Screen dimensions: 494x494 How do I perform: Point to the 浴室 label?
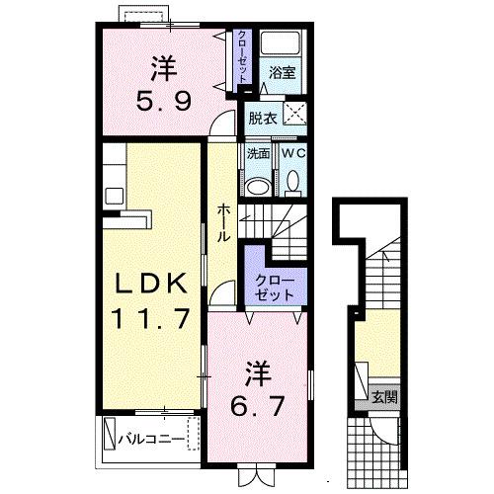[284, 71]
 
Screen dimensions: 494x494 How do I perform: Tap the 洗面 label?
[259, 154]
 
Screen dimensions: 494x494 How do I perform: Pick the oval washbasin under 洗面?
[259, 185]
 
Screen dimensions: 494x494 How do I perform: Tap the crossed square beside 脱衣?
[293, 113]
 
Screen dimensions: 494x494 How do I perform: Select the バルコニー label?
[152, 436]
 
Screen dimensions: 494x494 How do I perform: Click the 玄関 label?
[384, 398]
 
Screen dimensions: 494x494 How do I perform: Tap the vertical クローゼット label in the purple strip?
[241, 57]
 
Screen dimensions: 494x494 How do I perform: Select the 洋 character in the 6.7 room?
[258, 372]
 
